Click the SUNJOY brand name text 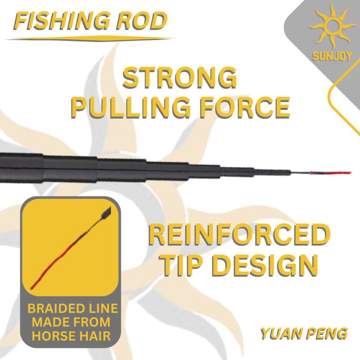(332, 56)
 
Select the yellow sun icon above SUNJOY (332, 26)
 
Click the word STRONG (180, 77)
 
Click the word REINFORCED (239, 235)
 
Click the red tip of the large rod (330, 173)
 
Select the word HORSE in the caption (51, 336)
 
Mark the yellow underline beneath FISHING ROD (90, 39)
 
